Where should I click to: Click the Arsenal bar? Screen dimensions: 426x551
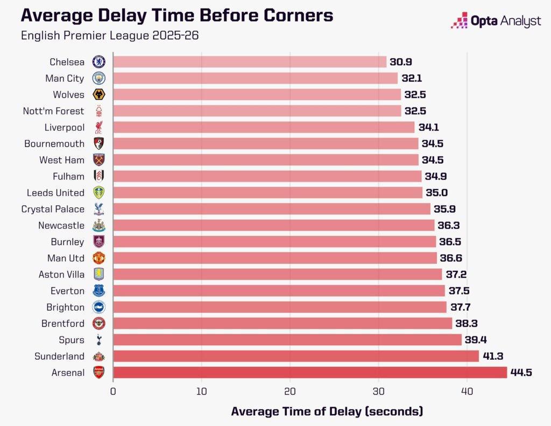[x=309, y=372]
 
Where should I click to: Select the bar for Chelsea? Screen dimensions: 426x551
[x=249, y=62]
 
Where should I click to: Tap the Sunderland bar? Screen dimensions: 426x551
[x=295, y=356]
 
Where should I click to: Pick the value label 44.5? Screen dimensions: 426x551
[x=521, y=372]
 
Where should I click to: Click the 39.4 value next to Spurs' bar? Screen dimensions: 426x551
[x=476, y=340]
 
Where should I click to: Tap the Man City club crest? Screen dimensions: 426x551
[x=99, y=78]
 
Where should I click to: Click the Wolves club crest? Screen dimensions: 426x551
[x=99, y=95]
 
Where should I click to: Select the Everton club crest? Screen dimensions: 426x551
[x=99, y=291]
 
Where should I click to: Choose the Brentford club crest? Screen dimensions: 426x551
[x=99, y=323]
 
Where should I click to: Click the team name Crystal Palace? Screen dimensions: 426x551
[x=53, y=209]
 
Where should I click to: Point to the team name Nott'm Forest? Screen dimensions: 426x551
[x=53, y=111]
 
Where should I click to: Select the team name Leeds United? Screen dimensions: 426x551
[x=55, y=193]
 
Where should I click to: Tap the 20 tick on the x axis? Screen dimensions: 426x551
[x=290, y=392]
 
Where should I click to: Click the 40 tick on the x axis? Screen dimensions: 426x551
[x=467, y=392]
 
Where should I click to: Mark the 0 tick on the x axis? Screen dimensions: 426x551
[x=113, y=392]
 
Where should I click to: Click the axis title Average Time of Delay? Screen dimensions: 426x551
[x=327, y=411]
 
